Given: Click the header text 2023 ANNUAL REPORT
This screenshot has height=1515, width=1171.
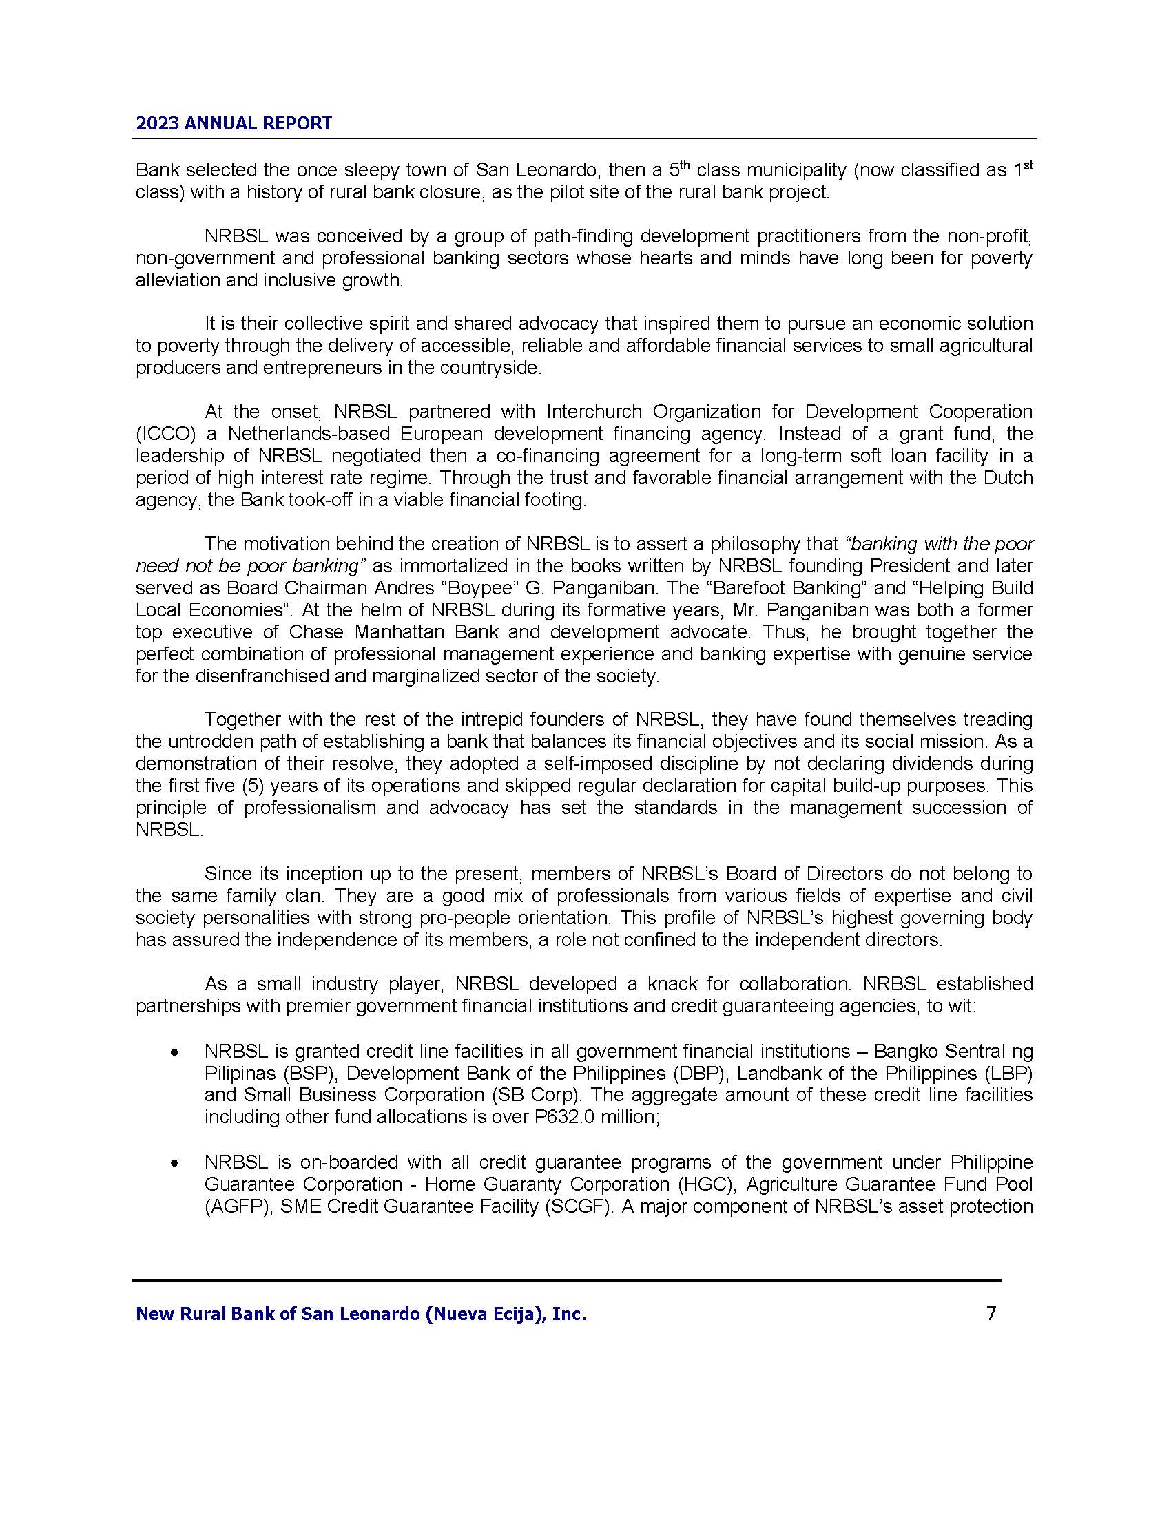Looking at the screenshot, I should click(x=234, y=123).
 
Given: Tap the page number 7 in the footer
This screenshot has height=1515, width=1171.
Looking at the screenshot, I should click(x=991, y=1313).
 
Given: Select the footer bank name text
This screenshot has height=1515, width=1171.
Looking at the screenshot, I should click(x=361, y=1314).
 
